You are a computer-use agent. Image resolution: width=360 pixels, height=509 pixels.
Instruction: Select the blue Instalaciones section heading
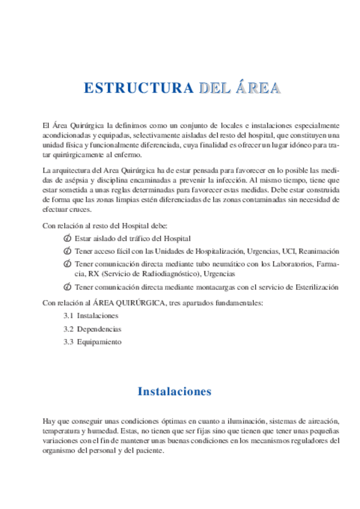click(x=175, y=391)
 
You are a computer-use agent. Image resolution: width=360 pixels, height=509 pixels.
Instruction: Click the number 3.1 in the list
click(x=68, y=315)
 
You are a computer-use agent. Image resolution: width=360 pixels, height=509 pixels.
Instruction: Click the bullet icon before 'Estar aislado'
click(x=67, y=239)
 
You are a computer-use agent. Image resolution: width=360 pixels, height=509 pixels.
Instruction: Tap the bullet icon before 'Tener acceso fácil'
click(x=67, y=251)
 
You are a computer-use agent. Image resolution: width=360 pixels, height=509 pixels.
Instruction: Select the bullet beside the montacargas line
click(x=67, y=288)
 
